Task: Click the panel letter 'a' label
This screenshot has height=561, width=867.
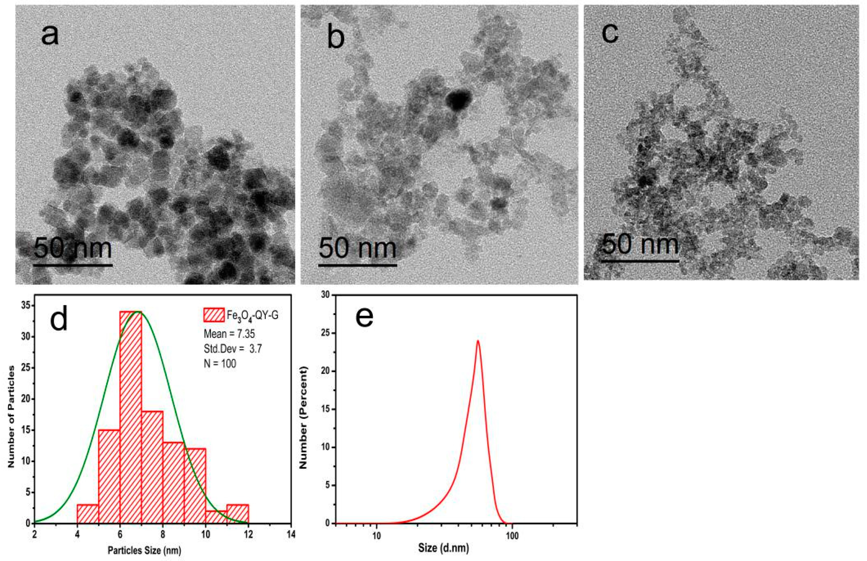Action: pos(50,36)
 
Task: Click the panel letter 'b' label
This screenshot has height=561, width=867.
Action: pos(336,38)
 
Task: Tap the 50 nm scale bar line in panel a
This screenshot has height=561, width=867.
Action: pos(73,265)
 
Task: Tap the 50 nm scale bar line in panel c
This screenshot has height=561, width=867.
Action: pos(640,261)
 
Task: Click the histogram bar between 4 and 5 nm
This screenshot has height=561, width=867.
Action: pos(88,514)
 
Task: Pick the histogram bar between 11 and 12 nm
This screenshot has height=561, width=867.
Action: pos(238,514)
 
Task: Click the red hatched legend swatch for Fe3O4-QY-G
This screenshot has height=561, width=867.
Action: pos(214,315)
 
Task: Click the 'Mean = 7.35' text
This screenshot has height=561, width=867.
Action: pos(229,334)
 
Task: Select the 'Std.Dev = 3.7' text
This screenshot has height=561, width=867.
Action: pos(232,349)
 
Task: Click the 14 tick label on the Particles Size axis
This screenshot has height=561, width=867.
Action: pos(291,534)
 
